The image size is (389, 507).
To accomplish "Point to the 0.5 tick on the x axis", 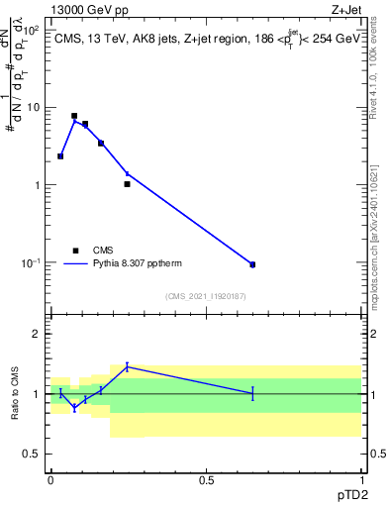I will coord(206,479).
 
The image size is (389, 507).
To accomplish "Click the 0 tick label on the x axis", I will coord(50,479).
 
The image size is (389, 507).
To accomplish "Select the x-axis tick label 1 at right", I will coord(361,479).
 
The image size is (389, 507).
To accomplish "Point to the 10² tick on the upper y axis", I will coord(32,30).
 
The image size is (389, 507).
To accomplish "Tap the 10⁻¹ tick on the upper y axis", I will coord(32,262).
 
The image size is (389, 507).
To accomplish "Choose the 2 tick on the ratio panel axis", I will coord(38,334).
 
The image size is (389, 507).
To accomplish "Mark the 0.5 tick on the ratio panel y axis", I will coord(34,454).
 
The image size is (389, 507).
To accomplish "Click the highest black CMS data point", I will coord(74,116).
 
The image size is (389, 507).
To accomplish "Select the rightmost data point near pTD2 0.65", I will coord(252,264).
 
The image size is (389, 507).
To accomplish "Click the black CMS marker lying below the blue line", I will coord(127,184).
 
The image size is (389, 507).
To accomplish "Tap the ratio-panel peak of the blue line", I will coord(127,366).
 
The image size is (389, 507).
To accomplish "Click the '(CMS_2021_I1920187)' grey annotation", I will coord(206,295).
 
